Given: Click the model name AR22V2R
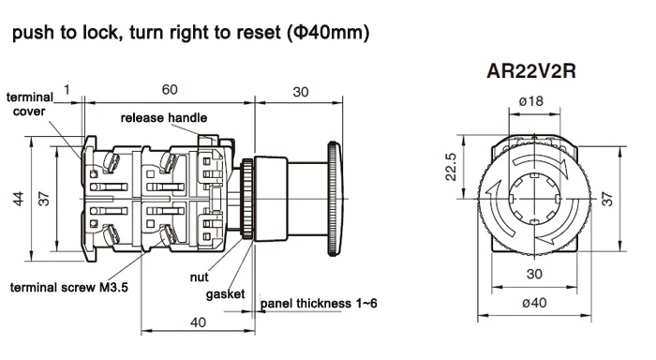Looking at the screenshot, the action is [531, 70].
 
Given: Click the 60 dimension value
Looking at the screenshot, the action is [170, 90].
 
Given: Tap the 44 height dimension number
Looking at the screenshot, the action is [19, 199].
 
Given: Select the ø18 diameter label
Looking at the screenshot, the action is [531, 101].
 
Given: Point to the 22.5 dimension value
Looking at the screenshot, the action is [450, 167].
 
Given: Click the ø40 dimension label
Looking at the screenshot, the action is [534, 302].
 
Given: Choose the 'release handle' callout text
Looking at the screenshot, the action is [164, 118].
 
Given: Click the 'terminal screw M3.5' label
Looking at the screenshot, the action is [69, 287].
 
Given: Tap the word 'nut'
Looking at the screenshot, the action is [199, 277].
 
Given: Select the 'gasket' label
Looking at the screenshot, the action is [225, 294].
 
